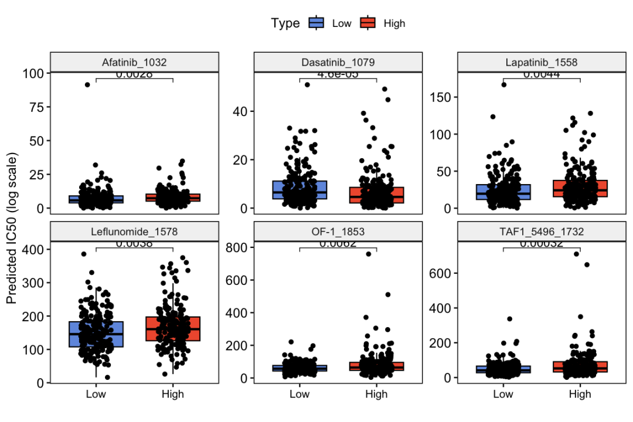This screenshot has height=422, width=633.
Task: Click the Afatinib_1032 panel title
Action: pos(134,62)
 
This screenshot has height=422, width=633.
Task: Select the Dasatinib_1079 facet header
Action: pos(338,62)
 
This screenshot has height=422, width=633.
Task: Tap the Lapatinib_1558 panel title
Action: pos(541,62)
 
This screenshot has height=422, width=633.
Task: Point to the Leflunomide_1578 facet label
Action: pos(134,232)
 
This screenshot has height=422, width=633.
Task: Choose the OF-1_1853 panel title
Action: pos(338,232)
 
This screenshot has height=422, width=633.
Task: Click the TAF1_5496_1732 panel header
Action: pos(541,232)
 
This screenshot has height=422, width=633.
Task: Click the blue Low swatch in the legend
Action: pos(317,23)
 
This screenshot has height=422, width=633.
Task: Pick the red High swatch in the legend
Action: pos(367,23)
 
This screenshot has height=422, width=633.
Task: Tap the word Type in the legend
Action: pos(285,23)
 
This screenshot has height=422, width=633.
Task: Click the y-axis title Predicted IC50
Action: pos(12,227)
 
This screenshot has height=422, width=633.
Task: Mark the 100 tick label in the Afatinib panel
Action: pos(33,74)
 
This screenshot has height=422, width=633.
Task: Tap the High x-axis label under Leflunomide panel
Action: pos(172,394)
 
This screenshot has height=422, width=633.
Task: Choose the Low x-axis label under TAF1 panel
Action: pos(503,394)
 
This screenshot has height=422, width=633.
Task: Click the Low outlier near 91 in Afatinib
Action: pos(87,84)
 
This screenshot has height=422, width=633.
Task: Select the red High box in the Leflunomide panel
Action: pos(172,329)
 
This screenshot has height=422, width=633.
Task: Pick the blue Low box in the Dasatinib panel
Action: pos(300,190)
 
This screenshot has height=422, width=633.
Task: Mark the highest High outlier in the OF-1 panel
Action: pos(369,254)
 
